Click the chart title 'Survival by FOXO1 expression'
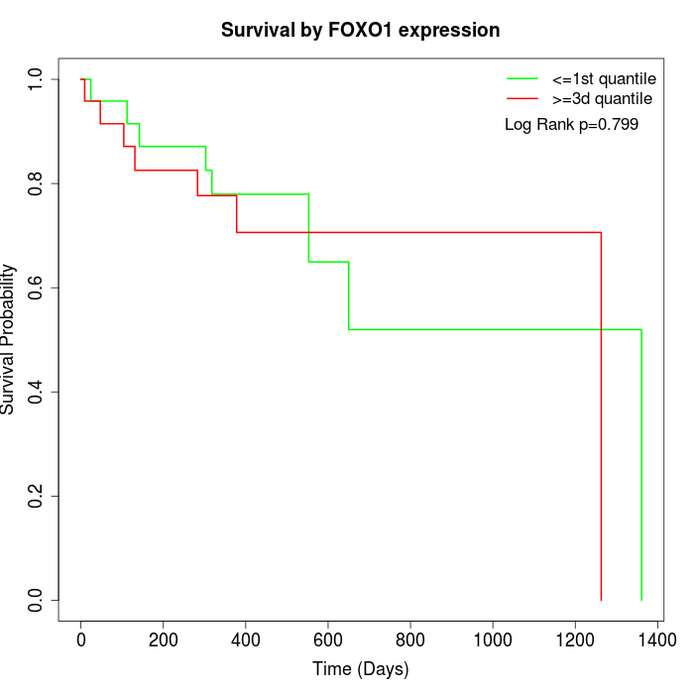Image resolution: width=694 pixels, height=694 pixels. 360,30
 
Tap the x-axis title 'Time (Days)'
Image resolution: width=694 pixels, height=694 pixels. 360,669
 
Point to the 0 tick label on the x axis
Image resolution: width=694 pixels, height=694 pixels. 81,640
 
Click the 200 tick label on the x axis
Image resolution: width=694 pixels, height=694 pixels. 164,640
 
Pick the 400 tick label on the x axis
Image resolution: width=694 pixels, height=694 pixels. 246,640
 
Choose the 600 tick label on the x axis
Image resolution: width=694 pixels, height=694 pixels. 328,640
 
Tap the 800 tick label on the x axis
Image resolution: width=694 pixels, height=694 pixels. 410,640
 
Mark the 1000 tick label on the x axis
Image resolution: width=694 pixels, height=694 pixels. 493,640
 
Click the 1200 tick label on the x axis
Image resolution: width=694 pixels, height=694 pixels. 575,640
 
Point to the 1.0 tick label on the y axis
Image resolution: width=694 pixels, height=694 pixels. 37,78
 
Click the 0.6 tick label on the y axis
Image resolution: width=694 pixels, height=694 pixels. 37,288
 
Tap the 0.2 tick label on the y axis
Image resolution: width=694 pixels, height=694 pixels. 37,496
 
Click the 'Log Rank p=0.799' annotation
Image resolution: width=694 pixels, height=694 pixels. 571,125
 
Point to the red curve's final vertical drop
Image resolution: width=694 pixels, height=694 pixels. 601,416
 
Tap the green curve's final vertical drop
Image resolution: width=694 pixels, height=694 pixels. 641,466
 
